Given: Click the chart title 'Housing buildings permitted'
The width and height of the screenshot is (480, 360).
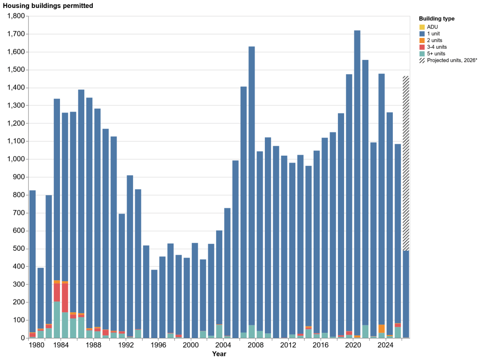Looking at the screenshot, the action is pos(48,6).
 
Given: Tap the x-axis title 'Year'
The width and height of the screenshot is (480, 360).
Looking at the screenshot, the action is pos(219,354).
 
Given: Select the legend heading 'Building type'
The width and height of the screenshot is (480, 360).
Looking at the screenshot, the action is pos(436,19).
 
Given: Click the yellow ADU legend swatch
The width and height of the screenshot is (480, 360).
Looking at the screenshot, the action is pos(422,27).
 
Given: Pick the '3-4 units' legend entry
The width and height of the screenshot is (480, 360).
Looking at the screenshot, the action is pos(433,47).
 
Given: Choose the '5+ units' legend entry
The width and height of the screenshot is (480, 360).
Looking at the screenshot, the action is pos(432,53).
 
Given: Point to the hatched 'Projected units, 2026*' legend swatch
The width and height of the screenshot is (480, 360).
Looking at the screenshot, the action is pos(422,60).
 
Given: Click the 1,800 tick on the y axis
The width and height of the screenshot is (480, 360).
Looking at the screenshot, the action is pos(16,16).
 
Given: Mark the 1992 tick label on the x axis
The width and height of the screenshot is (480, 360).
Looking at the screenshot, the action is pos(126,345).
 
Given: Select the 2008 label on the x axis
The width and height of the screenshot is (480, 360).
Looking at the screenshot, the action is pos(255,345).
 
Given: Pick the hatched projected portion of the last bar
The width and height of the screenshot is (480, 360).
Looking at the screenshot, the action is pos(405,164).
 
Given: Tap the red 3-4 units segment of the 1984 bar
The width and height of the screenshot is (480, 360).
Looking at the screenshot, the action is pos(65,298).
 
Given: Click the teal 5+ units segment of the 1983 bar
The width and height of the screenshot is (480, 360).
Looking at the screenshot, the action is pos(57,320).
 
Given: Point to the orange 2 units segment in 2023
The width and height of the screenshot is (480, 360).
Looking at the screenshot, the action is pos(382,329).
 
